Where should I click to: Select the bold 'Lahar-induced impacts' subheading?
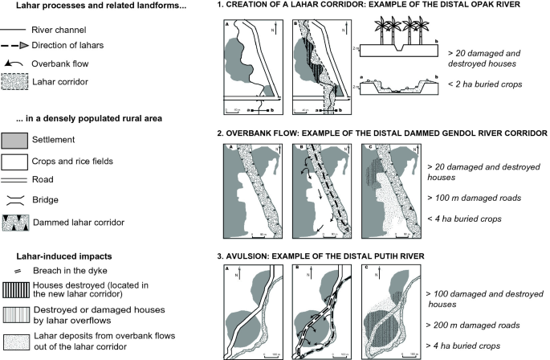point(52,256)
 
